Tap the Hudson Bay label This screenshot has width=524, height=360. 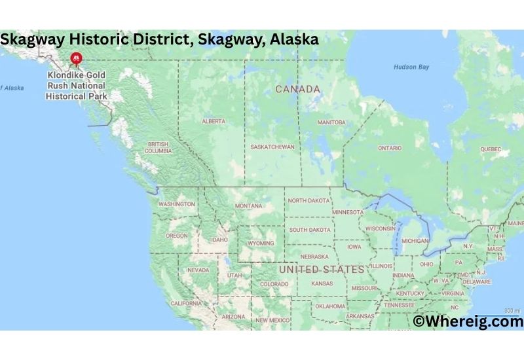(x=411, y=67)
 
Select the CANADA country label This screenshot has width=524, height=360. (x=297, y=89)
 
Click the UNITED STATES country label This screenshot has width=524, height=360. (x=322, y=270)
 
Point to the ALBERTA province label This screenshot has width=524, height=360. (x=214, y=121)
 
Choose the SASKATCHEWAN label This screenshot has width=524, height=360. (x=272, y=147)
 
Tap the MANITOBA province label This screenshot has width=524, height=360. (x=331, y=122)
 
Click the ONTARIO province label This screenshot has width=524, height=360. (x=390, y=148)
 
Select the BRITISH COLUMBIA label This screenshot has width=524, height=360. (x=159, y=147)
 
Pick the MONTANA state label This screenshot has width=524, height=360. (x=248, y=206)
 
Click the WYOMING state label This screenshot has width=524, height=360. (x=260, y=243)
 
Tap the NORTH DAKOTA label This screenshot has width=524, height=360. (x=310, y=200)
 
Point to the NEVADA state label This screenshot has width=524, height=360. (x=198, y=270)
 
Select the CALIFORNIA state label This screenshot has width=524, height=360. (x=186, y=304)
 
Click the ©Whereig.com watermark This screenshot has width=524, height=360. (x=468, y=321)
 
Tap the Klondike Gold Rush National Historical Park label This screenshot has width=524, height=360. (x=76, y=86)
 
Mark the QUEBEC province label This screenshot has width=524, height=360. (x=491, y=149)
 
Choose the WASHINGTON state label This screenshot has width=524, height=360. (x=176, y=204)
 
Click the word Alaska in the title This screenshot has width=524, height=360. (x=295, y=39)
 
